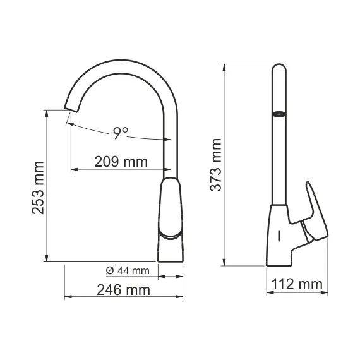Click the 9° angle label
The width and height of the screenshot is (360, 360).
click(121, 133)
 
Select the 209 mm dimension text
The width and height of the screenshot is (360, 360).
click(121, 162)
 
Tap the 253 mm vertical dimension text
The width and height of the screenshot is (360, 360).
click(39, 188)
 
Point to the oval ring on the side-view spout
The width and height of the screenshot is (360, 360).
click(278, 114)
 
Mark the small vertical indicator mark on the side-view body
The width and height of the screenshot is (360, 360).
click(278, 237)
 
